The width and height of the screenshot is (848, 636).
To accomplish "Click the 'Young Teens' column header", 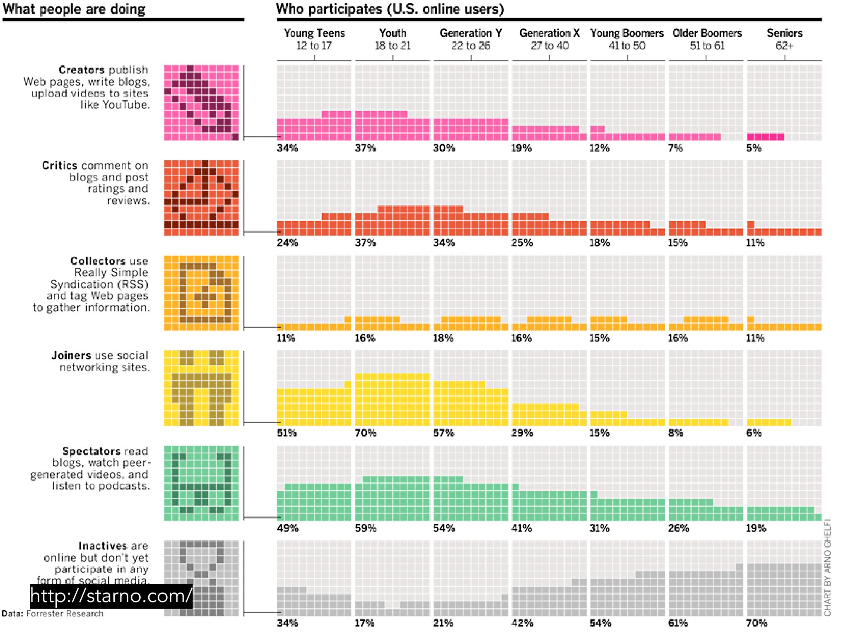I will click(x=314, y=33).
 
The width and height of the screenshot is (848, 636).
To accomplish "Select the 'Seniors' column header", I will click(x=784, y=33).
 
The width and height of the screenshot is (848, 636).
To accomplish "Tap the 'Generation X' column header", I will click(x=549, y=33).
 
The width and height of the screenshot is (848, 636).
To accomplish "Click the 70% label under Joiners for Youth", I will click(x=366, y=433).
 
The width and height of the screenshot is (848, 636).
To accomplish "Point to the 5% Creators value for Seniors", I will click(x=754, y=148).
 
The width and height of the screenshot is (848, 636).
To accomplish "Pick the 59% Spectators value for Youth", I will click(x=366, y=528).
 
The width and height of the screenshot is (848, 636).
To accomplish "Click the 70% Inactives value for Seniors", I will click(x=756, y=623).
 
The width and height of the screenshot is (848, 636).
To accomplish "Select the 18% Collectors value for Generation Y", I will click(x=443, y=338).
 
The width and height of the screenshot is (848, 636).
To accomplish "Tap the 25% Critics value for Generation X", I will click(x=522, y=243).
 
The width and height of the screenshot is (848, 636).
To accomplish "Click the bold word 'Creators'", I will click(x=81, y=70).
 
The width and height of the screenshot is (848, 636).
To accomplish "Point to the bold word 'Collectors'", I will click(x=98, y=261).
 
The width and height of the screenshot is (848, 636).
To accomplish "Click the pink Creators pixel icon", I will click(x=201, y=103).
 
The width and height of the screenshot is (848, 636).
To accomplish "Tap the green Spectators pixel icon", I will click(x=201, y=483).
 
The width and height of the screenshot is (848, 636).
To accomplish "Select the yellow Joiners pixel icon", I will click(x=201, y=388).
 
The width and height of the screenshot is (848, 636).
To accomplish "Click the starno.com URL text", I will click(x=111, y=596).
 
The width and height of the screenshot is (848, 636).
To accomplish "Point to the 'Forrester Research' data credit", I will click(x=65, y=613).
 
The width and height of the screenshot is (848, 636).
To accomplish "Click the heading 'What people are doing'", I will click(x=74, y=9).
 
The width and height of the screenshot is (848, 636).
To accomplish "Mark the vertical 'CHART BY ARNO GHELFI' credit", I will click(x=827, y=567).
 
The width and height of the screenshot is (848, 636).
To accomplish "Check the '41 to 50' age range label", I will click(x=627, y=46).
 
